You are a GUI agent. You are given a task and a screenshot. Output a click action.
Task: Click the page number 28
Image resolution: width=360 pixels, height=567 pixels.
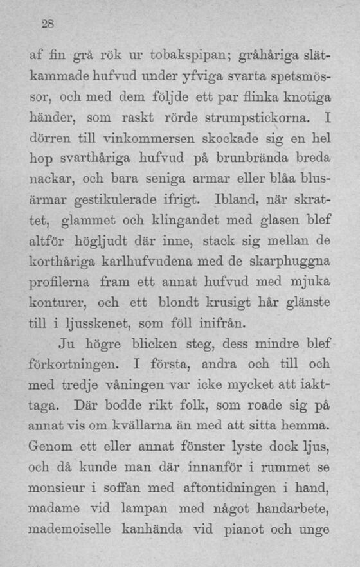point(47,25)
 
